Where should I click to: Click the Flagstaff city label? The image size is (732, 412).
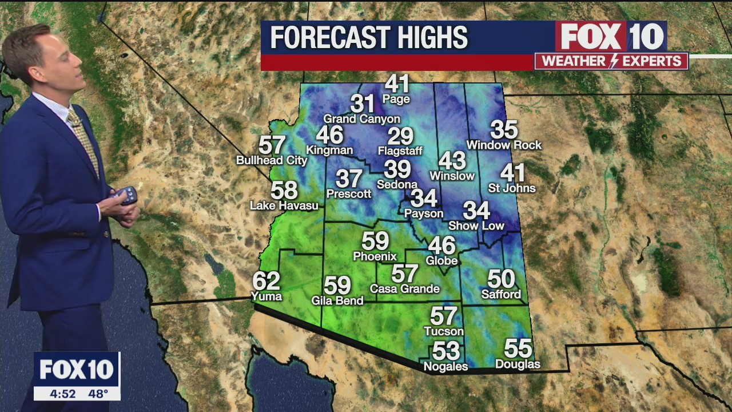(400, 151)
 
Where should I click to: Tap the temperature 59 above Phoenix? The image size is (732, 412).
(375, 241)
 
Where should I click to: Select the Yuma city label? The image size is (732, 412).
(266, 296)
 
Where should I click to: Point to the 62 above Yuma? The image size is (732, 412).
(266, 281)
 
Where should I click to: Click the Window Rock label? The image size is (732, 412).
(504, 145)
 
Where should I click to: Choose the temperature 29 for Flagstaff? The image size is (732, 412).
(400, 136)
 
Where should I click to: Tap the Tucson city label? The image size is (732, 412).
(444, 331)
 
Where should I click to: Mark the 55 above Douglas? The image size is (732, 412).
(518, 348)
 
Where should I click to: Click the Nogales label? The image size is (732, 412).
(445, 366)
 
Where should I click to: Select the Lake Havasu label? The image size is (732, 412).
(284, 205)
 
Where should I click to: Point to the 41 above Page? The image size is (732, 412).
(397, 84)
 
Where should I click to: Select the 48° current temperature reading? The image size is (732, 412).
(98, 394)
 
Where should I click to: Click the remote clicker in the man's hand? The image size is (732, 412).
(125, 195)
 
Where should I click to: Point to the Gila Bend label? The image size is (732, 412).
(337, 300)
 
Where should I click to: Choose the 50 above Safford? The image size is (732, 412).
(501, 279)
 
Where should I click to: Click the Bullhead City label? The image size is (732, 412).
(272, 160)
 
